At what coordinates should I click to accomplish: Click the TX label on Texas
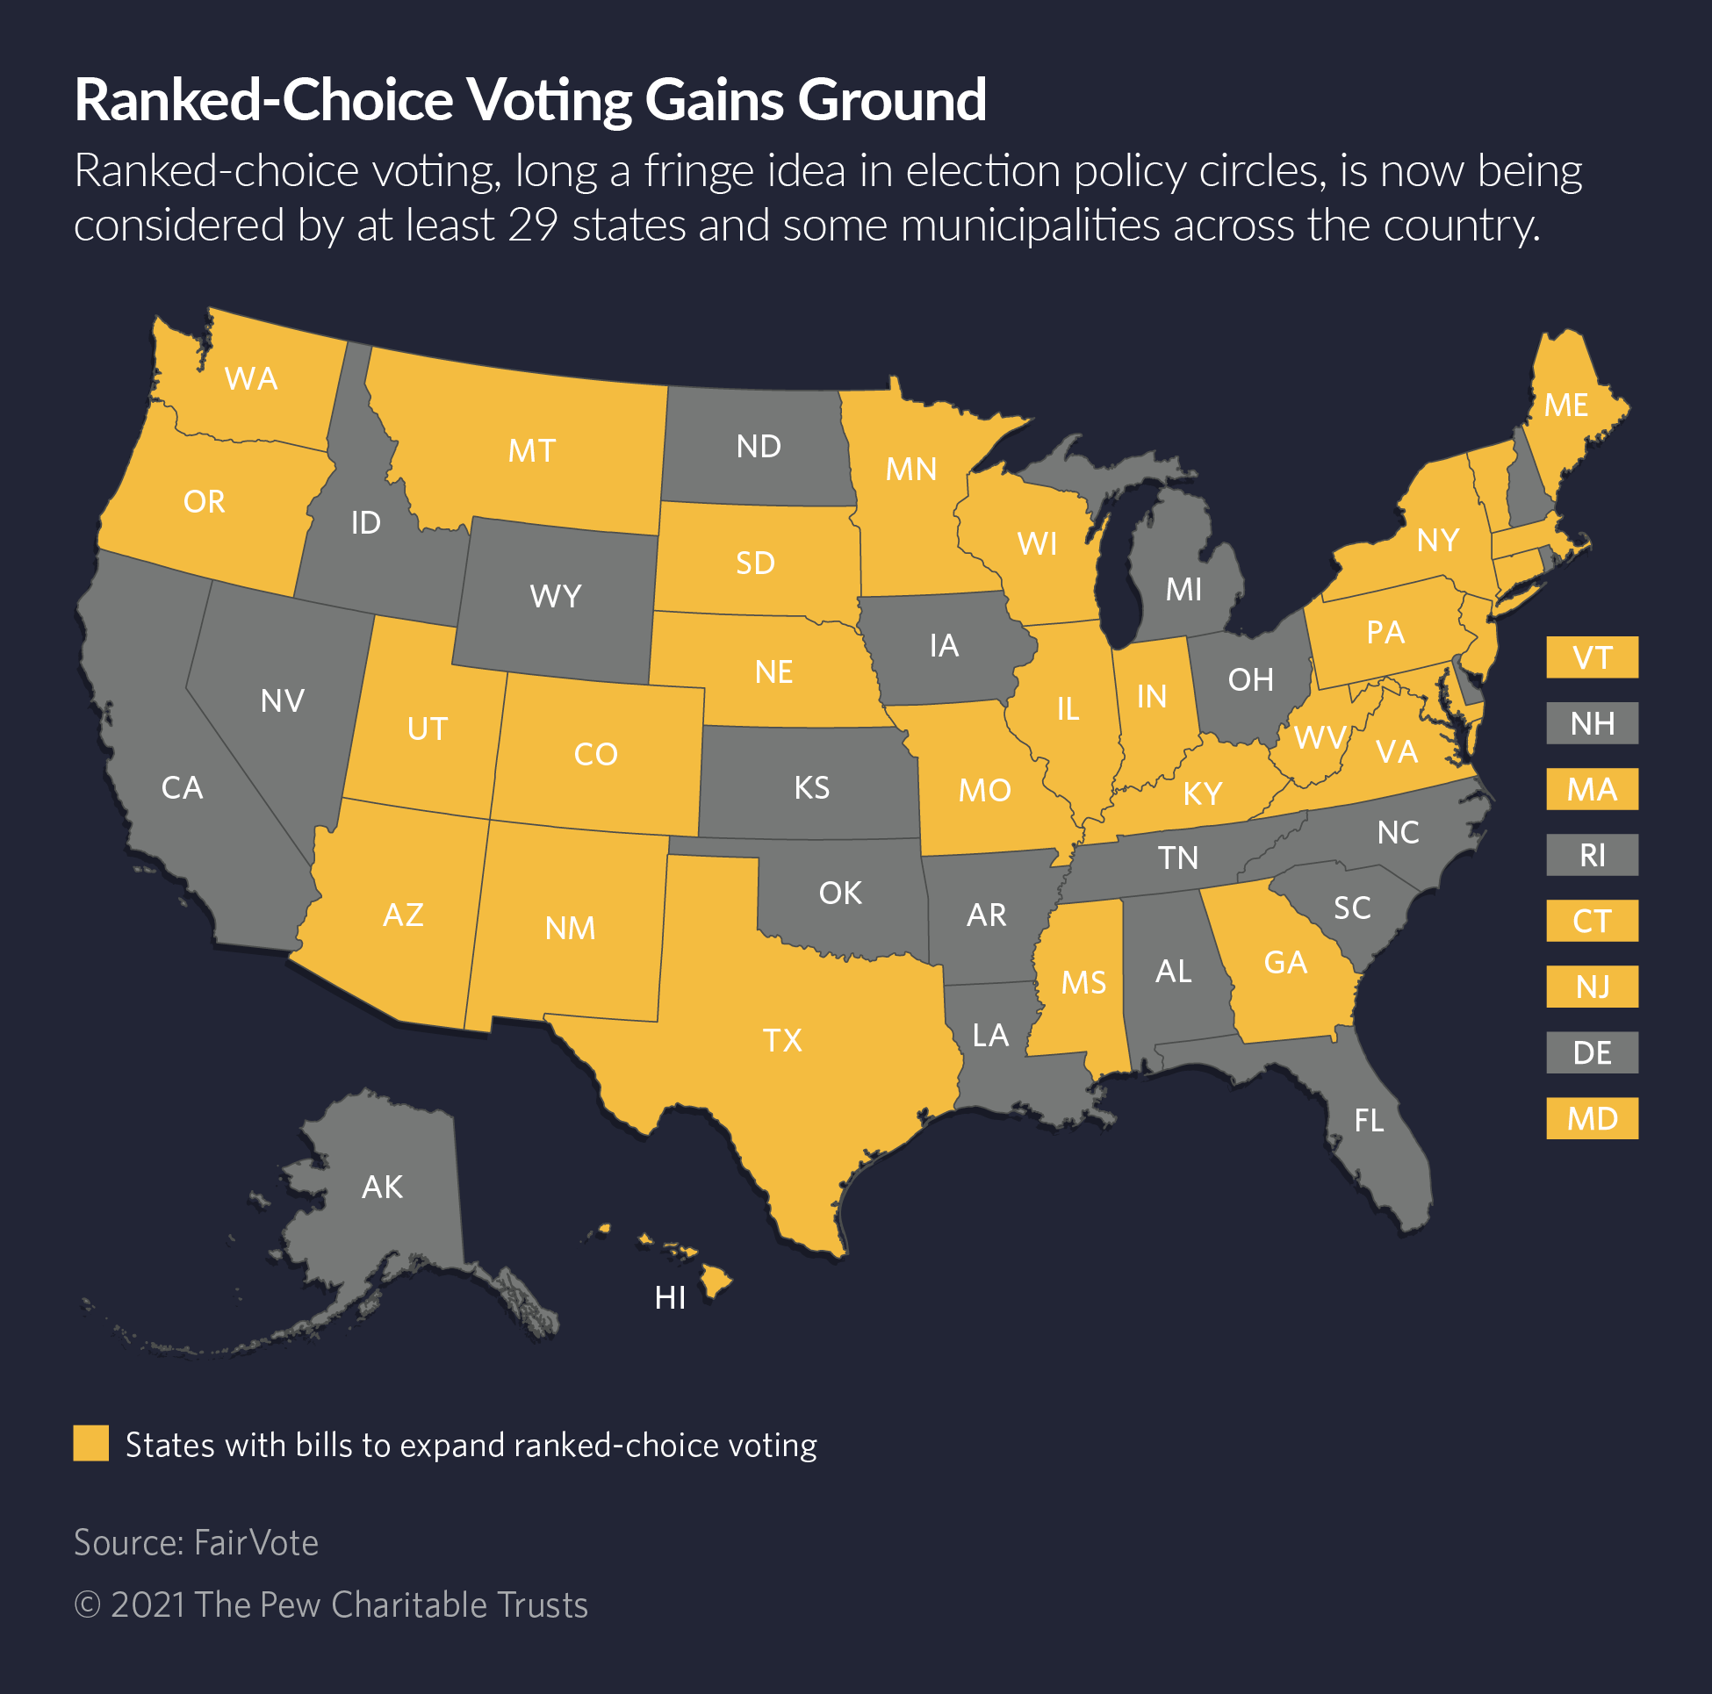(782, 1040)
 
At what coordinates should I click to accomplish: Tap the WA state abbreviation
(252, 379)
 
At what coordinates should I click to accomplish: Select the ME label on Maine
(1565, 406)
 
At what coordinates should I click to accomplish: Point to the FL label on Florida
(1369, 1121)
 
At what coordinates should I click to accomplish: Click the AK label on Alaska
(383, 1188)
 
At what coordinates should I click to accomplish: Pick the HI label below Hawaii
(670, 1299)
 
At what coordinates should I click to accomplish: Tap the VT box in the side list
(1592, 657)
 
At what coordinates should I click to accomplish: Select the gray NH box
(1592, 724)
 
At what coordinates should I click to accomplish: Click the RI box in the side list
(1592, 855)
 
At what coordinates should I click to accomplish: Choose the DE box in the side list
(1592, 1052)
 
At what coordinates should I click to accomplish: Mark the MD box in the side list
(1592, 1118)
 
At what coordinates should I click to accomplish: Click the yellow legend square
(90, 1443)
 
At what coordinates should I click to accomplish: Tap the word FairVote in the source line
(256, 1542)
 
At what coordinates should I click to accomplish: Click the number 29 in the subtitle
(533, 225)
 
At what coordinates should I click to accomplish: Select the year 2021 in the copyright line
(148, 1605)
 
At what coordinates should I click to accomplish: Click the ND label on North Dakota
(759, 447)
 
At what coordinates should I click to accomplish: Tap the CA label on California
(183, 787)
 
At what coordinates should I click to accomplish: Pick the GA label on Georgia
(1285, 963)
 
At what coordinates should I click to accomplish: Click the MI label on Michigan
(1183, 589)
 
